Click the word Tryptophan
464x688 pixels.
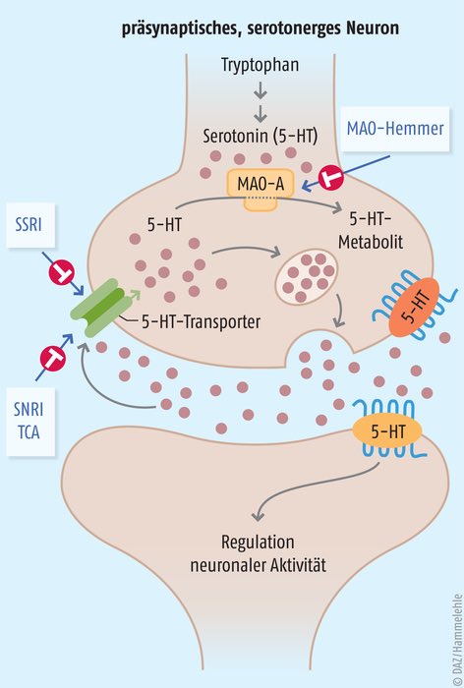260,65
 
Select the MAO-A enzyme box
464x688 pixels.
261,185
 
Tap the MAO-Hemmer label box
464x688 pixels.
395,129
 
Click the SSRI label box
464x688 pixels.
30,225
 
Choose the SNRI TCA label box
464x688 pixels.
30,422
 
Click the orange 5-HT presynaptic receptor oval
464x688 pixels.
414,307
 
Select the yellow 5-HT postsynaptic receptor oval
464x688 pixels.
387,432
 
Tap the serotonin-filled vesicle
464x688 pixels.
307,277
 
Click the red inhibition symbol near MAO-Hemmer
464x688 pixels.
331,178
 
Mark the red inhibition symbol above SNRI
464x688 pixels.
53,358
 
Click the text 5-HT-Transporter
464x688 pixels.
201,322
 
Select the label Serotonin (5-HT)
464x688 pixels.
260,136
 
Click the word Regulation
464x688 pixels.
258,543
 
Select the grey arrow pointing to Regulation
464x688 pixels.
308,487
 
